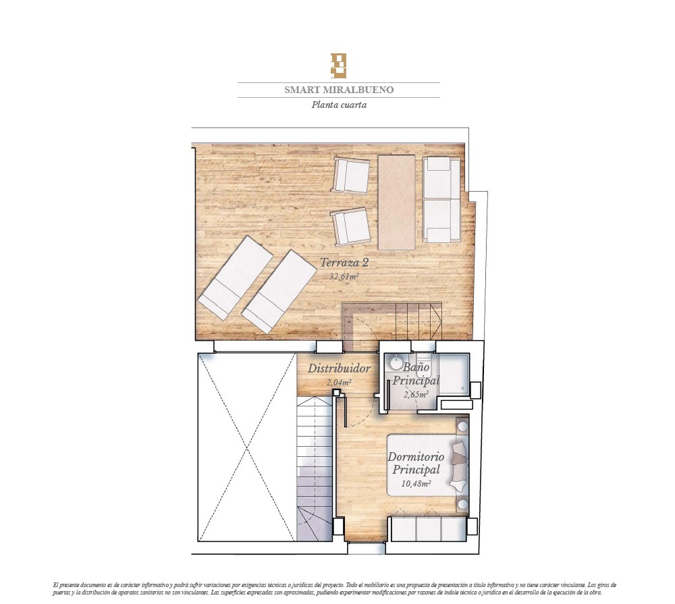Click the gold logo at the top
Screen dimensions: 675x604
[338, 66]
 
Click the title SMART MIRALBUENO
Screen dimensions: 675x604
[339, 90]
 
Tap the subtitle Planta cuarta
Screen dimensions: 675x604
[339, 105]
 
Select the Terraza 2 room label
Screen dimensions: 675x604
[344, 262]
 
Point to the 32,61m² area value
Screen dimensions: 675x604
[344, 277]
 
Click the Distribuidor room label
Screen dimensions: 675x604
[339, 368]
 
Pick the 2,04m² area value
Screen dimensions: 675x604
[339, 382]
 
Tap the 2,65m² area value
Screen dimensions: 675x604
[416, 394]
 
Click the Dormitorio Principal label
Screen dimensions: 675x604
[416, 463]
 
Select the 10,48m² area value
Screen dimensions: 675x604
[416, 483]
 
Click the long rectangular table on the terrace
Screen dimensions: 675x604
[396, 202]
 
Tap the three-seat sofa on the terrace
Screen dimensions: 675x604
[441, 199]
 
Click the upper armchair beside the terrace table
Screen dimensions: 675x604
[351, 176]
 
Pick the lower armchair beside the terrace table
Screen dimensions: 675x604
[350, 227]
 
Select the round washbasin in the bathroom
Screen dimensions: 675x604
[396, 362]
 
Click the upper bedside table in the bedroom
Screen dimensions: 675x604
[463, 427]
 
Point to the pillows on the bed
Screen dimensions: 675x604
[459, 465]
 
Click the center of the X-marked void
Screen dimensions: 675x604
[247, 447]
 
